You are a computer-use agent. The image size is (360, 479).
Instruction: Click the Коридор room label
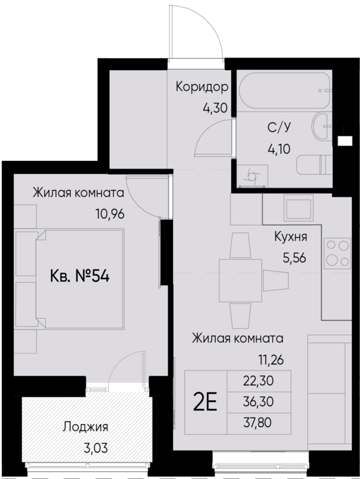(202, 86)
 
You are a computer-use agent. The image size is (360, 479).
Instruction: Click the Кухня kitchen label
(291, 237)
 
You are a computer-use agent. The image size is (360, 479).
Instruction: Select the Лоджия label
(86, 427)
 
